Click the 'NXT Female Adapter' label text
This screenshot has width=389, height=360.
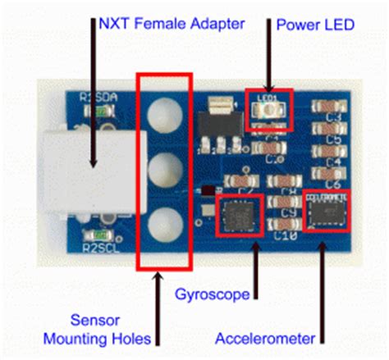[x=172, y=24]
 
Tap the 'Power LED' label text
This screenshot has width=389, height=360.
[x=313, y=24]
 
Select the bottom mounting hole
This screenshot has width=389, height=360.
[x=165, y=221]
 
